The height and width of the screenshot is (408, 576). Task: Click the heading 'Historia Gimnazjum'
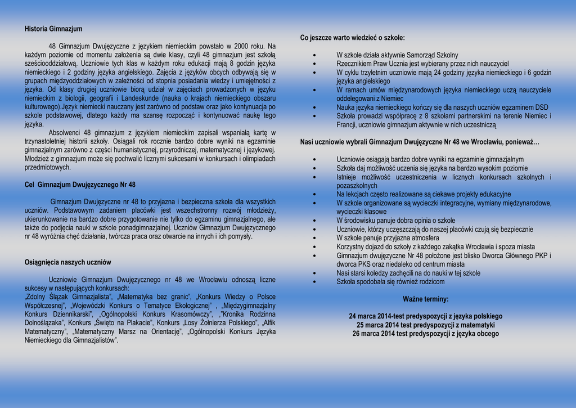(x=53, y=29)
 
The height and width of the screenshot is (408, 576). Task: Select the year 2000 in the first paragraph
(x=241, y=46)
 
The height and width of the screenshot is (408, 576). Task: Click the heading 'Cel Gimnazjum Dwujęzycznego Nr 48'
(x=80, y=185)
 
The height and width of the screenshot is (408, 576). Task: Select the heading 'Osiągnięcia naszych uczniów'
(x=68, y=262)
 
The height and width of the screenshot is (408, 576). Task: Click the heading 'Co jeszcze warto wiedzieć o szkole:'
(x=352, y=38)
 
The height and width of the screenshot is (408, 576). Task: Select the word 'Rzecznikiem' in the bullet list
(x=354, y=64)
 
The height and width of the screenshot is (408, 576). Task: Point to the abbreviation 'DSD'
(x=541, y=107)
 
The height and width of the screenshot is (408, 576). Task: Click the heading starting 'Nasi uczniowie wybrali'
(x=420, y=142)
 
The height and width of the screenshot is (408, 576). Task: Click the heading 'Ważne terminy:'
(x=425, y=299)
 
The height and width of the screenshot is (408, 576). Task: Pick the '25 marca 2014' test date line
(x=425, y=325)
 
